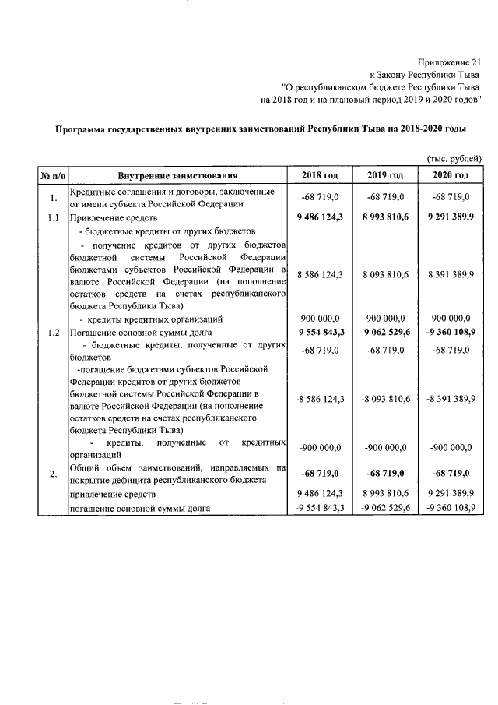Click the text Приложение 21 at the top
point(450,62)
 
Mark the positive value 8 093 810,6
point(384,275)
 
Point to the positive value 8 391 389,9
point(450,275)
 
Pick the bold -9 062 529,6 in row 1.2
point(384,333)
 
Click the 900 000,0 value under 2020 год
point(450,319)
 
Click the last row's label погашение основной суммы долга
point(140,508)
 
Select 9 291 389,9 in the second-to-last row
point(450,494)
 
